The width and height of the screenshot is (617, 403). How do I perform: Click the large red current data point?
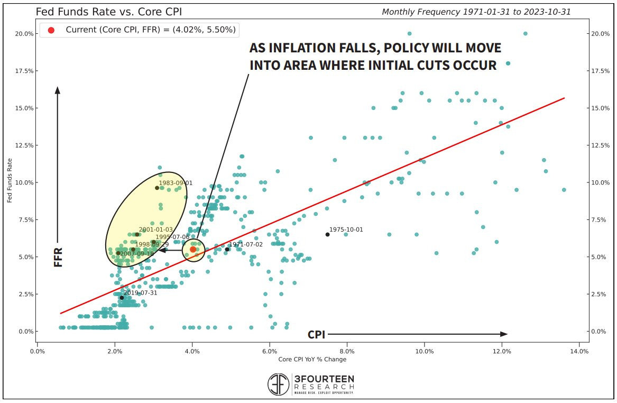pos(193,249)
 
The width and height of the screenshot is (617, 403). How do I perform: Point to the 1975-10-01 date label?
pos(346,230)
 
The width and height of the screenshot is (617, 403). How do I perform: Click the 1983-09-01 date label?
pos(176,183)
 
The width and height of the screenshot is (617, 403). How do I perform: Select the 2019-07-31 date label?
pos(140,292)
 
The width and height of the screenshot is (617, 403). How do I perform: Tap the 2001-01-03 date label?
pos(155,230)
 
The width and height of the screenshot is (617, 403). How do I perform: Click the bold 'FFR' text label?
pos(58,257)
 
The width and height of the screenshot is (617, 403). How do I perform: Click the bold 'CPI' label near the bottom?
pos(316,335)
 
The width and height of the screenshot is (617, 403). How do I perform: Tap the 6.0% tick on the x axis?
pos(270,351)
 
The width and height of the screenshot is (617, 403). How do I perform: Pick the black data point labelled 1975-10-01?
pos(327,234)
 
